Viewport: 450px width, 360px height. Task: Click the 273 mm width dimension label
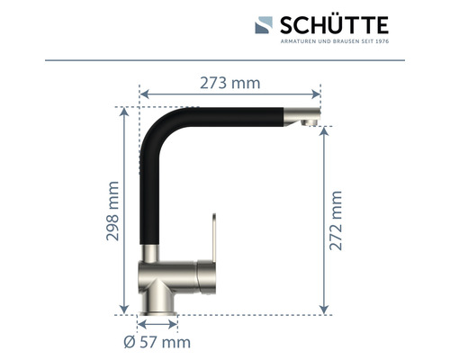(229, 83)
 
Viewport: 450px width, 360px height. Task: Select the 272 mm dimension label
(337, 221)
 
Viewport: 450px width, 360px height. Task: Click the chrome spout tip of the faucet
(305, 117)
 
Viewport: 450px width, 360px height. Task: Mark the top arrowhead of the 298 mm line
(125, 111)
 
